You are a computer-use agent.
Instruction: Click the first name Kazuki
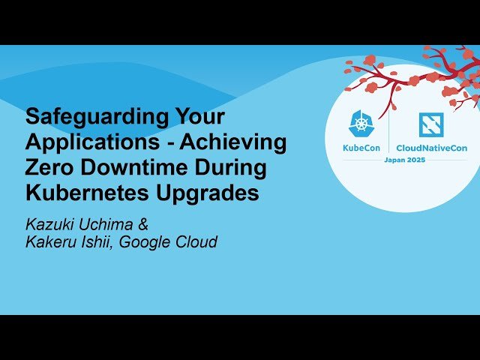(x=52, y=224)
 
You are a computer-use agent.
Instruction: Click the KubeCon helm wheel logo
(x=363, y=124)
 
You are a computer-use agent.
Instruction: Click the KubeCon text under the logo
(x=363, y=148)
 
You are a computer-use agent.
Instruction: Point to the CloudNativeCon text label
(x=431, y=148)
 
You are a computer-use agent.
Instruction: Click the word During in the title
(x=228, y=167)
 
